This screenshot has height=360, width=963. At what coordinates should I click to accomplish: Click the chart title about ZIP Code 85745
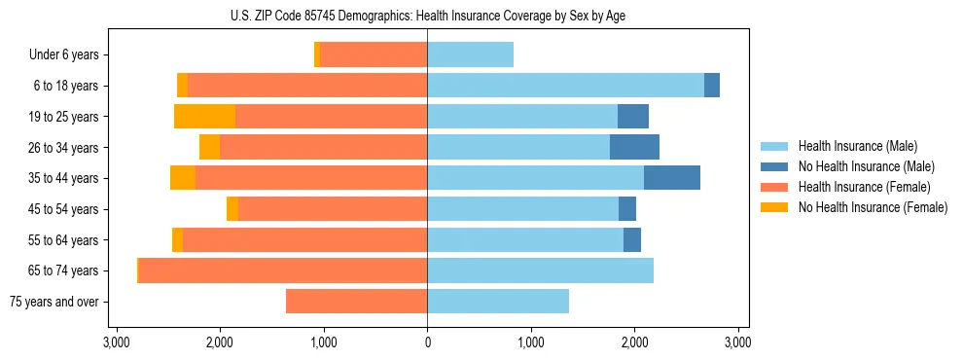pos(427,16)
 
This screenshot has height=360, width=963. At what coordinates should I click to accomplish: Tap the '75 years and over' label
pos(53,302)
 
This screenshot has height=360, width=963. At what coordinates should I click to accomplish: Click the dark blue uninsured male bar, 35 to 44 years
pos(671,178)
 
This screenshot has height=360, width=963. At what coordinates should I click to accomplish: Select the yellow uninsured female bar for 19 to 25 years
pos(205,117)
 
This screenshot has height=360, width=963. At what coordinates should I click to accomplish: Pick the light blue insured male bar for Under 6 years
pos(470,55)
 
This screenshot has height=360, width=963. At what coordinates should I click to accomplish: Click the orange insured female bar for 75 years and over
pos(356,302)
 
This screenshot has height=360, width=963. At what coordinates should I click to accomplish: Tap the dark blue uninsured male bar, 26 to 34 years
pos(634,147)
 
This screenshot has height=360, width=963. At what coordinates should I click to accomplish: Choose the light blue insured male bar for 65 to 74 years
pos(540,270)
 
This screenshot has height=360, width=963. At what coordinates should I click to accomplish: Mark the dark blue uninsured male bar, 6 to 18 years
pos(712,86)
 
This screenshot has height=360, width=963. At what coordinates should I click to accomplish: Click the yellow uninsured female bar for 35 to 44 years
pos(183,178)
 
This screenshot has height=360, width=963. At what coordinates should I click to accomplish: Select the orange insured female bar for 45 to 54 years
pos(333,209)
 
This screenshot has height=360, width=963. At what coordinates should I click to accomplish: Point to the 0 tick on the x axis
pos(427,342)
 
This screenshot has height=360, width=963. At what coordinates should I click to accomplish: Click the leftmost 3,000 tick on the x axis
pos(117,342)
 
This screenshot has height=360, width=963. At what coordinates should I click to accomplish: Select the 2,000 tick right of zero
pos(634,342)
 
